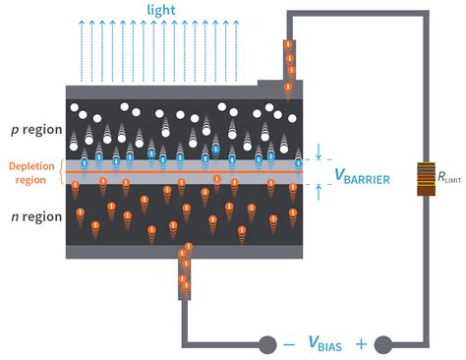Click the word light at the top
pos(161,9)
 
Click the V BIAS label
pos(323,344)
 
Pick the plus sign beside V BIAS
pos(360,344)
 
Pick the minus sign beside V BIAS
pos(288,344)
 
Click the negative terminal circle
pos(265,344)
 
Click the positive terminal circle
pos(382,344)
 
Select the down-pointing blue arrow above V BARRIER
pos(319,151)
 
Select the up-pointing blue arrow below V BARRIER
pos(319,194)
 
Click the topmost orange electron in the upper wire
pos(288,45)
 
